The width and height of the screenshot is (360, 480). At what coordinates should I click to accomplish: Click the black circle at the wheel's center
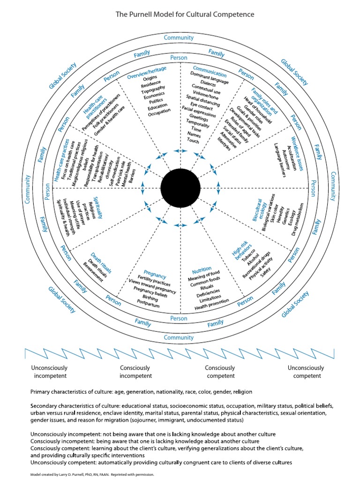click(179, 188)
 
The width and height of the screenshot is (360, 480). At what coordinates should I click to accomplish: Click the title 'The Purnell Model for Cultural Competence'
click(185, 15)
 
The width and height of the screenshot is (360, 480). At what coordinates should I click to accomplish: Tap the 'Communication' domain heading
click(209, 74)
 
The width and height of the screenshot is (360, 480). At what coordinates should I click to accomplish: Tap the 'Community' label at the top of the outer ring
click(179, 37)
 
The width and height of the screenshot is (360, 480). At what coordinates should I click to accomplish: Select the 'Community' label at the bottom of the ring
click(179, 337)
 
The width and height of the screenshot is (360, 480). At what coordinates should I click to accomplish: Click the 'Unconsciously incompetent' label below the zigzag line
click(49, 372)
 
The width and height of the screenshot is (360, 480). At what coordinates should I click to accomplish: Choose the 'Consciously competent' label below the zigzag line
click(220, 372)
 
